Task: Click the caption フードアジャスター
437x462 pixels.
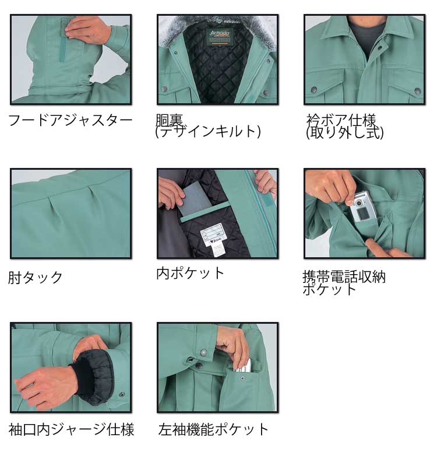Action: point(70,121)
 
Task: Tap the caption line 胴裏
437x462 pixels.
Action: point(170,120)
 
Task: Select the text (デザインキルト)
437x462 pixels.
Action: point(207,132)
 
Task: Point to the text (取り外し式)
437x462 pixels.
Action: point(344,133)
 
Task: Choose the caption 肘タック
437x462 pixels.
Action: point(36,277)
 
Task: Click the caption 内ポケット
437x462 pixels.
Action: point(190,272)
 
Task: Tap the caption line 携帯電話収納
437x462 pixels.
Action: point(344,276)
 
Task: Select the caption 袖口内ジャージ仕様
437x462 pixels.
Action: point(71,430)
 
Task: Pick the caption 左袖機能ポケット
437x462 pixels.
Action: point(214,430)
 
